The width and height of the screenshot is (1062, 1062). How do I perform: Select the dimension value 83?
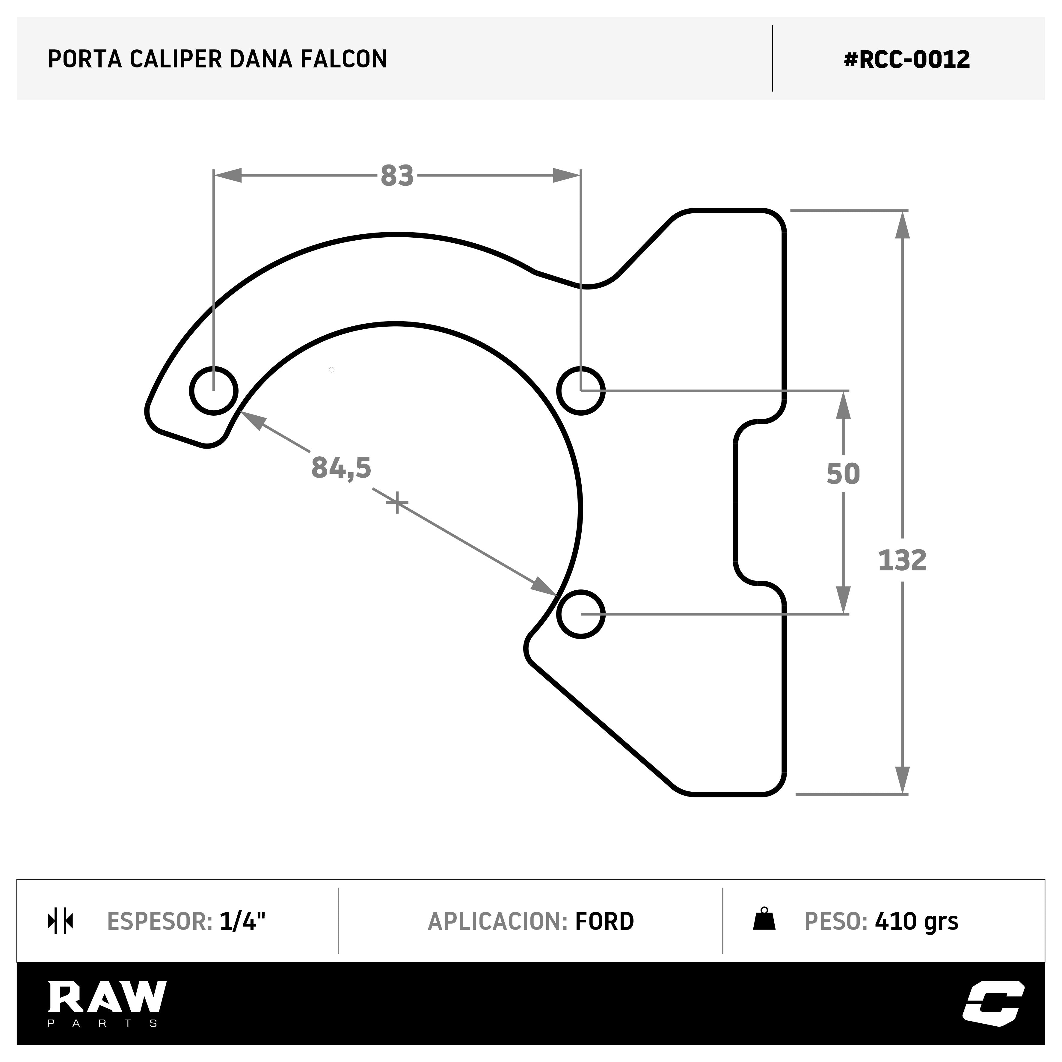[397, 176]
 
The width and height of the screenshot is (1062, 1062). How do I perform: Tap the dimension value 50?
[843, 474]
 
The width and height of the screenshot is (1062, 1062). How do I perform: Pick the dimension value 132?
[902, 561]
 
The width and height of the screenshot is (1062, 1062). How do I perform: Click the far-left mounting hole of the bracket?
[214, 391]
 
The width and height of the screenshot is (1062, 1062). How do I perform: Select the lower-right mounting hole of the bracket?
[581, 614]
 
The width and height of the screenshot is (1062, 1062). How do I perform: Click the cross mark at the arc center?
[397, 503]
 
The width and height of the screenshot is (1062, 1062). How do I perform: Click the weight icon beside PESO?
[764, 919]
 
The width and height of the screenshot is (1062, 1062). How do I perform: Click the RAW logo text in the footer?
[107, 997]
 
